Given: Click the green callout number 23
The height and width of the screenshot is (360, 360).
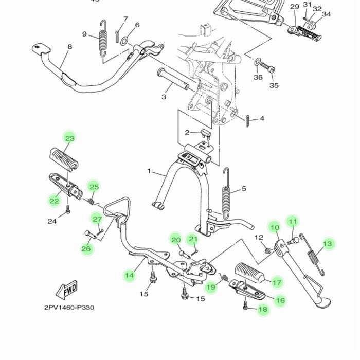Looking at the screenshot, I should pyautogui.click(x=69, y=138).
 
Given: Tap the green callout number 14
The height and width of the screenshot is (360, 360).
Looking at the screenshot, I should pyautogui.click(x=130, y=276).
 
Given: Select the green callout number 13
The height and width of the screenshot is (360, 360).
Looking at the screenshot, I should pyautogui.click(x=328, y=244).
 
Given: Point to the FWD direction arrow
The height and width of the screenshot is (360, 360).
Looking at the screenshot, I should pyautogui.click(x=67, y=291).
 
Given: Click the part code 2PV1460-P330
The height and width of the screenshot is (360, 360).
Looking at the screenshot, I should pyautogui.click(x=69, y=308).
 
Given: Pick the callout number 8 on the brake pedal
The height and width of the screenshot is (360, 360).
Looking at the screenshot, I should pyautogui.click(x=69, y=47).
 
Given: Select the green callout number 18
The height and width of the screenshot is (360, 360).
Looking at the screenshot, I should pyautogui.click(x=263, y=309).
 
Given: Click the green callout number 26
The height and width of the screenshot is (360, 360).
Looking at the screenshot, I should pyautogui.click(x=87, y=249).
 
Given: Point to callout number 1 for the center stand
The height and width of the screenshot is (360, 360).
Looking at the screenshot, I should pyautogui.click(x=149, y=171).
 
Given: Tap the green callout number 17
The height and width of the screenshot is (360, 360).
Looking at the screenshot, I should pyautogui.click(x=277, y=282).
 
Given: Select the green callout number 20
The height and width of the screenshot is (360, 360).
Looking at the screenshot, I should pyautogui.click(x=176, y=240).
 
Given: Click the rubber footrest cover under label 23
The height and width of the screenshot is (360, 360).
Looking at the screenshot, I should pyautogui.click(x=63, y=157).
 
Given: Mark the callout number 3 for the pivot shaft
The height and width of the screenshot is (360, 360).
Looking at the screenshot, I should pyautogui.click(x=164, y=97).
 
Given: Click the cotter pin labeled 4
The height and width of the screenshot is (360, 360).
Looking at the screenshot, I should pyautogui.click(x=248, y=121).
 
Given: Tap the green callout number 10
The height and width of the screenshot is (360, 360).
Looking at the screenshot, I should pyautogui.click(x=275, y=228).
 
